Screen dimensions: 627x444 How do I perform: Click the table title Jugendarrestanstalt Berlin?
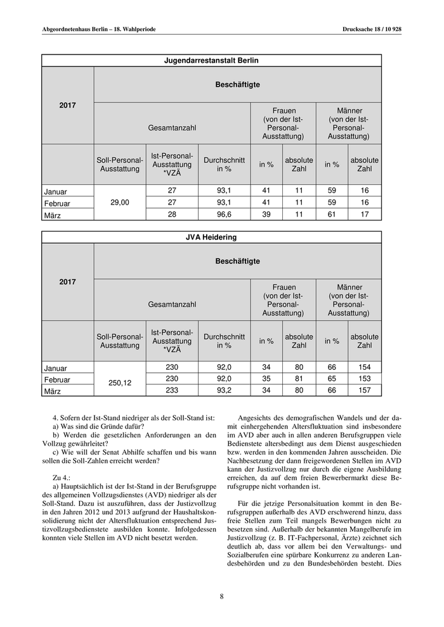tap(212, 60)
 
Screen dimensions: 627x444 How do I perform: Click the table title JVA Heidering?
tap(212, 237)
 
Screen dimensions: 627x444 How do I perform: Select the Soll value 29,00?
tap(120, 203)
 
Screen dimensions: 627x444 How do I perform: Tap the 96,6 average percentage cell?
tap(224, 215)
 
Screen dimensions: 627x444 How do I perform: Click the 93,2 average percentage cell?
tap(224, 391)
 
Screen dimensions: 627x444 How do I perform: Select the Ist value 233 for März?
tap(172, 391)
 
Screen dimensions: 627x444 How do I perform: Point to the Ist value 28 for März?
tap(172, 215)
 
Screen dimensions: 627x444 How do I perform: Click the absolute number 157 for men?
tap(365, 391)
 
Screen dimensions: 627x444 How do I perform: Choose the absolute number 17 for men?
tap(365, 215)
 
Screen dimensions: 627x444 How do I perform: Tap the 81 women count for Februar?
tap(299, 379)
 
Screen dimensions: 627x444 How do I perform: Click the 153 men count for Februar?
tap(365, 379)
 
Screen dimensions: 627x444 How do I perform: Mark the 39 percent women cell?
tap(266, 215)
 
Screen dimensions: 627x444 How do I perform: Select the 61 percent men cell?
tap(332, 215)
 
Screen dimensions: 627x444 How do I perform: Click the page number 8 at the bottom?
tap(222, 595)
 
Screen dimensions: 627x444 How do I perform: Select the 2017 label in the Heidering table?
tap(68, 282)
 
